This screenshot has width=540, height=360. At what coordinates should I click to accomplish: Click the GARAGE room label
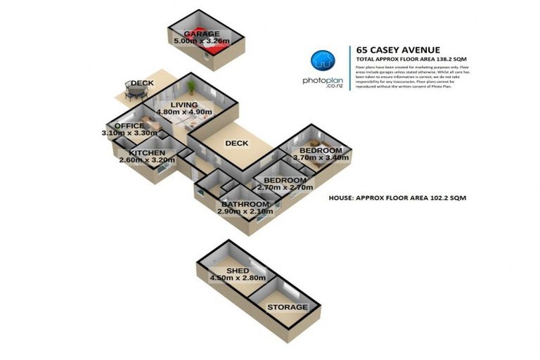(202, 34)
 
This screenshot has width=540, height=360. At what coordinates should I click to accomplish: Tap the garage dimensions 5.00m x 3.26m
(202, 42)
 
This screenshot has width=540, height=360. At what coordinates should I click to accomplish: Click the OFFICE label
(129, 126)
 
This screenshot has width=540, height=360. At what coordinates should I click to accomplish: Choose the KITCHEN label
(147, 153)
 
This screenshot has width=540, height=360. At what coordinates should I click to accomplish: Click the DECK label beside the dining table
(141, 84)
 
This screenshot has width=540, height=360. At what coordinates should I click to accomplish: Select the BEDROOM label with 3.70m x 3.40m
(321, 150)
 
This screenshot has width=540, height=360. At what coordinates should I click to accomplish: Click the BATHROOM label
(243, 205)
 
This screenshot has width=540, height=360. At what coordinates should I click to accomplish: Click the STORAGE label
(286, 307)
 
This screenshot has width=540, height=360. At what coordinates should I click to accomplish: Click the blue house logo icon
(322, 61)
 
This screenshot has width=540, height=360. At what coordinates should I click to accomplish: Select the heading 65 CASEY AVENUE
(398, 50)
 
